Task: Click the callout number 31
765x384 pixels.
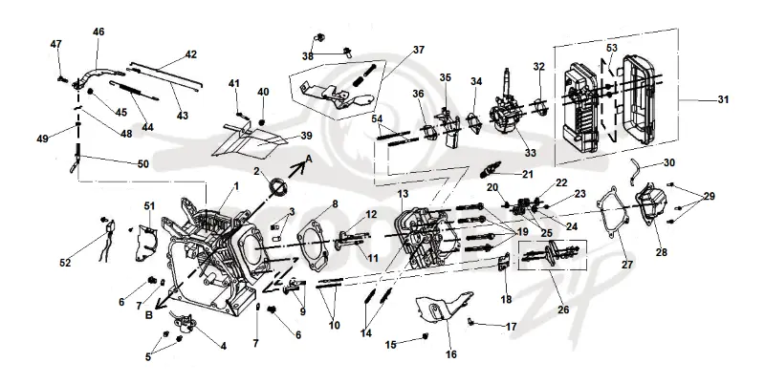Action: [x=723, y=99]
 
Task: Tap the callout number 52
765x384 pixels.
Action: [x=65, y=263]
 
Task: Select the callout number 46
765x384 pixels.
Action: [x=98, y=32]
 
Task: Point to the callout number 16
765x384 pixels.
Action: [x=451, y=354]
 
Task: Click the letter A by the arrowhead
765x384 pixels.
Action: [x=309, y=159]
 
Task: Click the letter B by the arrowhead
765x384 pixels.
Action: [x=149, y=315]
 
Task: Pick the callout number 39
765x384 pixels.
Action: [x=306, y=136]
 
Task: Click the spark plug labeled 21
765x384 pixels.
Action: [x=489, y=172]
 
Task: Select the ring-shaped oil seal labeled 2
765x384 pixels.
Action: [x=278, y=186]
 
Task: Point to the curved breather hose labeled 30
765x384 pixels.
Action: [x=635, y=171]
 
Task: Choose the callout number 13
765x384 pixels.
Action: [x=403, y=194]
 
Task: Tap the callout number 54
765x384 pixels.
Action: [x=377, y=118]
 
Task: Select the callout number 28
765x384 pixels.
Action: [x=662, y=252]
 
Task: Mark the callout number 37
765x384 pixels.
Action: [x=419, y=50]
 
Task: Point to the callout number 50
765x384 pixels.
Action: [x=142, y=164]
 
